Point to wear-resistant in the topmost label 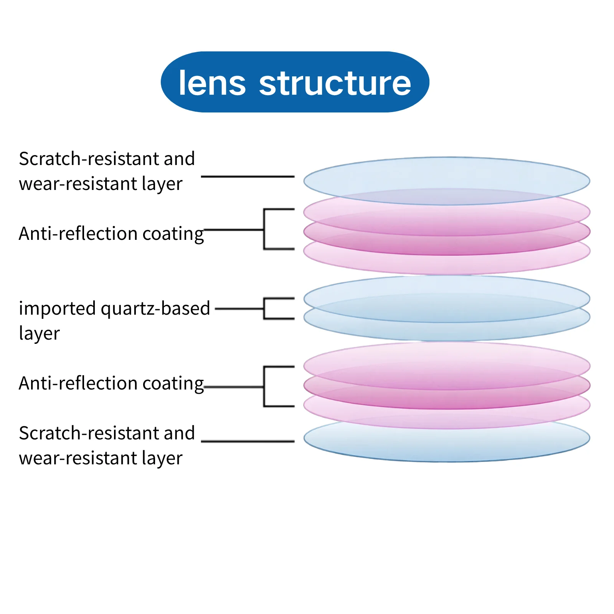point(78,183)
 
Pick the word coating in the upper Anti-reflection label point(173,234)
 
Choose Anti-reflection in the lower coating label point(78,383)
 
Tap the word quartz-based point(155,309)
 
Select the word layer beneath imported point(40,333)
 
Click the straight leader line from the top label point(248,177)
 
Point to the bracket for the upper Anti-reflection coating point(264,229)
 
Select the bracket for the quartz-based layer point(264,309)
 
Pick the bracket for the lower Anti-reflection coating point(264,386)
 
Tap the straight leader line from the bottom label point(248,441)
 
